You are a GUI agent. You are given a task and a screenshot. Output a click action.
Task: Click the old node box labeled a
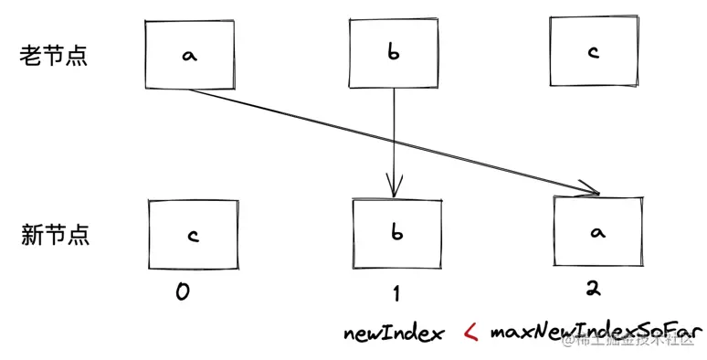click(x=190, y=55)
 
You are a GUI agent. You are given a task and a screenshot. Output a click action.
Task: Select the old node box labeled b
click(x=395, y=54)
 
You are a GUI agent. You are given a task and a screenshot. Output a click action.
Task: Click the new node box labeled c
click(x=193, y=235)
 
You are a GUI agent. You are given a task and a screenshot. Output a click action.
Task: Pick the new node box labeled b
click(x=396, y=234)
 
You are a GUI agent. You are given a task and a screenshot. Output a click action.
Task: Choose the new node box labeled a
click(x=598, y=233)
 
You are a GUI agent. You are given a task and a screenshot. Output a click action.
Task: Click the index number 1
click(x=396, y=293)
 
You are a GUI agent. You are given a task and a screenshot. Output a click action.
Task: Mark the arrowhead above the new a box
click(x=589, y=191)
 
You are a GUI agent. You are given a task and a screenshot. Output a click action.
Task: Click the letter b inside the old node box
click(x=394, y=54)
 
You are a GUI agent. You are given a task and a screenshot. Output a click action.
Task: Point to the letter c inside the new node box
click(x=193, y=235)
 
